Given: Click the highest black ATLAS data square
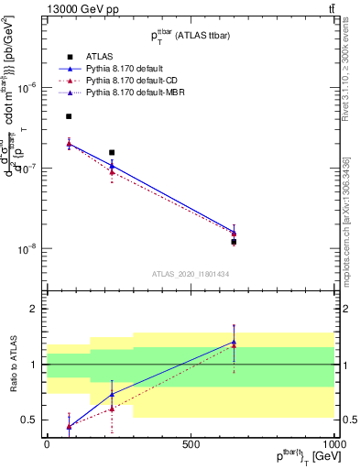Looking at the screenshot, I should [69, 116].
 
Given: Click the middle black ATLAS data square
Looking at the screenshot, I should [112, 153].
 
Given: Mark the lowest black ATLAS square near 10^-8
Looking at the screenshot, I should [235, 242].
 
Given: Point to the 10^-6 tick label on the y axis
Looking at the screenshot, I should [27, 88].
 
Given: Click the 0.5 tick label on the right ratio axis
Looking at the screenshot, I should [348, 420].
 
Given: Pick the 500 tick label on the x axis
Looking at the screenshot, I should [191, 444].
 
